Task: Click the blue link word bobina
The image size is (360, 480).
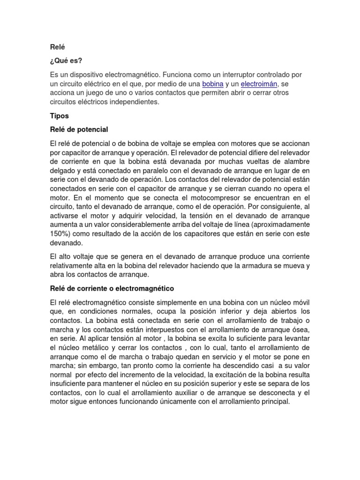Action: [213, 84]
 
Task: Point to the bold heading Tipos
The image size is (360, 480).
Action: [59, 115]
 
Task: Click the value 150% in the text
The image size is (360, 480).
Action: [59, 234]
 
